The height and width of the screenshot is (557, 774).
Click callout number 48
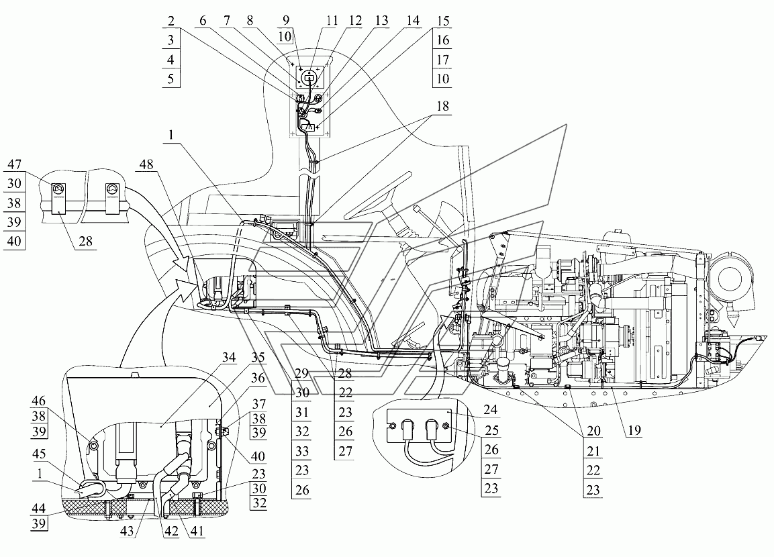(146, 164)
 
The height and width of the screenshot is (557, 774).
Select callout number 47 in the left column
(14, 164)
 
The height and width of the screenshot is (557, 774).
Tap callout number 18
(443, 106)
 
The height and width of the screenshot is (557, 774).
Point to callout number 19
(634, 430)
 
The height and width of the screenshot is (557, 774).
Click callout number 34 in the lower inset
(228, 357)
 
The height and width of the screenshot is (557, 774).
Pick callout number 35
(258, 357)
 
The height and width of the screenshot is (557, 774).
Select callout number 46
(38, 400)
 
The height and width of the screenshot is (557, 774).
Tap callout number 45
(39, 454)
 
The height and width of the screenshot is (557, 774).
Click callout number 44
(38, 509)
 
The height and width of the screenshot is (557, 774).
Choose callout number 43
(127, 531)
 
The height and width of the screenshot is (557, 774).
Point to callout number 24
(490, 410)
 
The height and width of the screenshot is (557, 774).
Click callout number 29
(301, 374)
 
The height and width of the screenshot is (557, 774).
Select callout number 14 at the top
(413, 21)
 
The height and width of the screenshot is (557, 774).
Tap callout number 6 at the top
(202, 21)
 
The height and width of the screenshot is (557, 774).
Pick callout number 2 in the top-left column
(171, 21)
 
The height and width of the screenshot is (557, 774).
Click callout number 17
(443, 60)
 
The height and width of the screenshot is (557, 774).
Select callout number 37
(258, 405)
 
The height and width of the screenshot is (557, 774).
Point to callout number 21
(593, 450)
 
